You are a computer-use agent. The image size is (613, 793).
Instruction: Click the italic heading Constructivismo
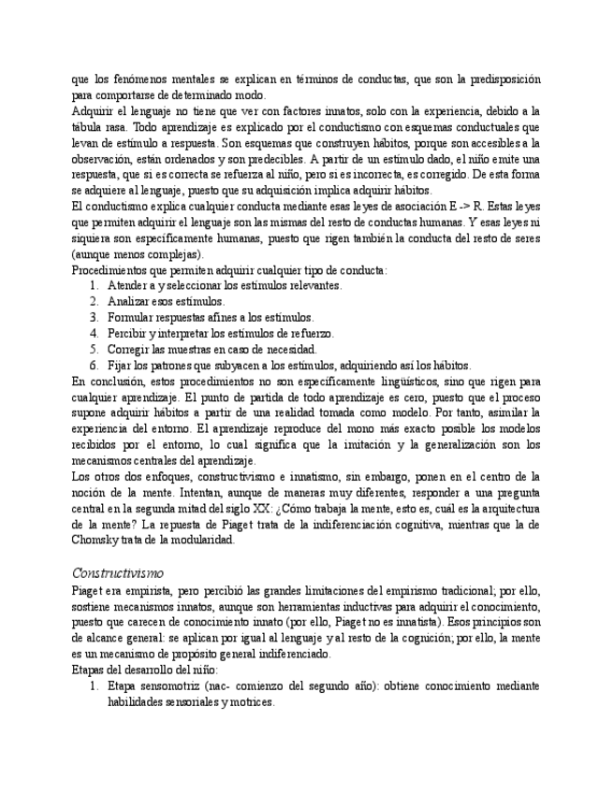[117, 572]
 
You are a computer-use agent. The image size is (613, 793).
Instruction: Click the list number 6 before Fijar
[95, 366]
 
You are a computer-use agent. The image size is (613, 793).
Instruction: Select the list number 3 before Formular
[95, 318]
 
